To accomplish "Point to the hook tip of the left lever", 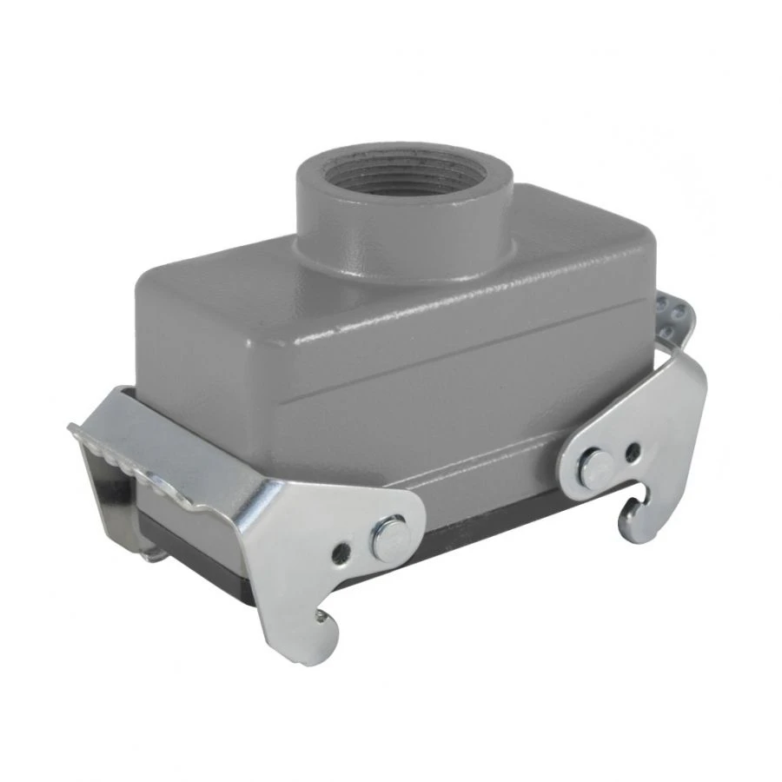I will [x=323, y=619].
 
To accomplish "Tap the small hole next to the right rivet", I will [x=632, y=451].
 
